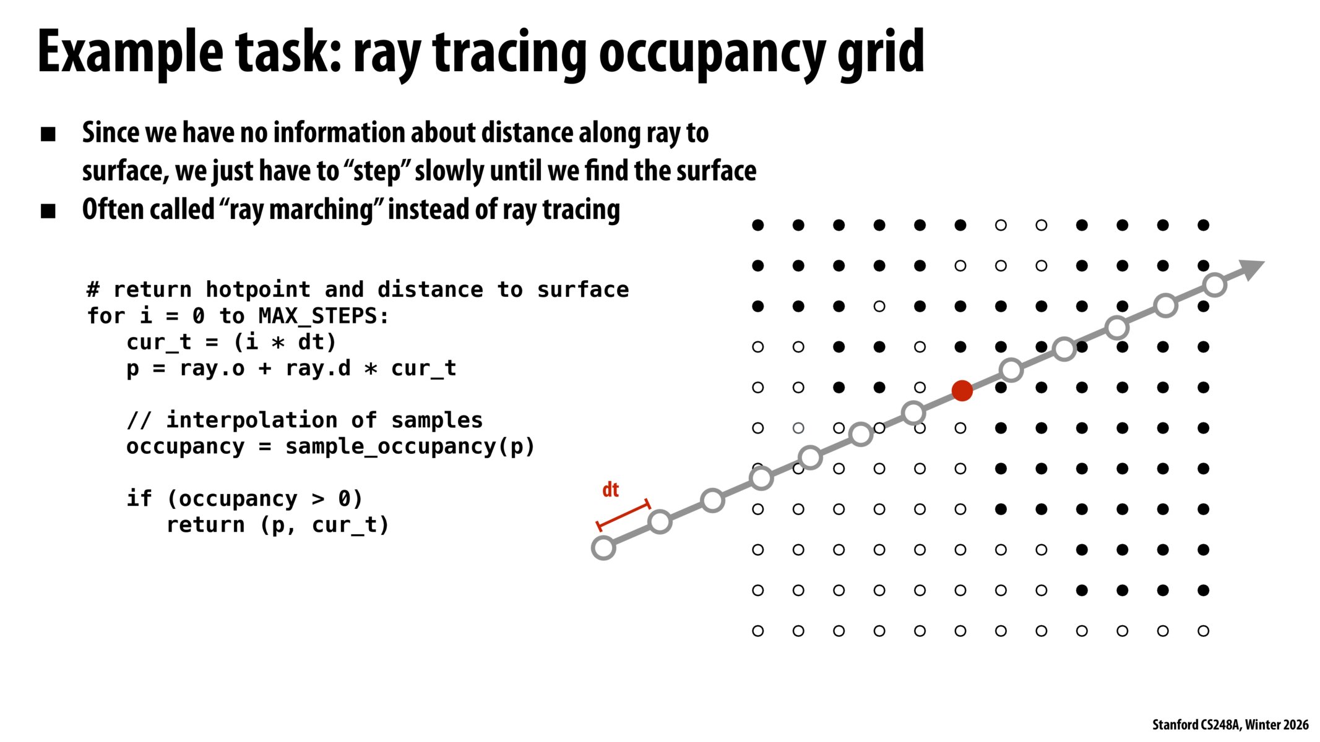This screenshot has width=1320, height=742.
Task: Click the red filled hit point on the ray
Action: click(x=962, y=390)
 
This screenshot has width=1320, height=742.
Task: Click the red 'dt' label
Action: click(x=610, y=490)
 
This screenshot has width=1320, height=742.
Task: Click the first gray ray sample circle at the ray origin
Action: click(x=603, y=548)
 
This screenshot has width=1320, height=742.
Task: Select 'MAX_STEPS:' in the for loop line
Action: click(x=324, y=316)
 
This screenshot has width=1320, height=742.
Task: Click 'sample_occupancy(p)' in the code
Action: click(x=410, y=446)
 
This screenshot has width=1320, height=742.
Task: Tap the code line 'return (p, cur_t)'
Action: click(x=278, y=525)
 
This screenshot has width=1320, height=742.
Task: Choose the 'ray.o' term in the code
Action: click(x=212, y=369)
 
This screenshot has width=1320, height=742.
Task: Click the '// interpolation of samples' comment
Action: click(x=304, y=420)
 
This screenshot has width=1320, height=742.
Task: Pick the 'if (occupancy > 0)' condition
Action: click(x=244, y=499)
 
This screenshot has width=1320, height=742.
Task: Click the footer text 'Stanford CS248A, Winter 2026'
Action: click(x=1230, y=725)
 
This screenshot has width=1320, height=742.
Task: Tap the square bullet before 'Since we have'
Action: click(x=48, y=134)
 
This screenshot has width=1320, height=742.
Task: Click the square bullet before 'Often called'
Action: click(x=48, y=211)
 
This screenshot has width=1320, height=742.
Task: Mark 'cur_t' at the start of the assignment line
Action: click(x=159, y=343)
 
